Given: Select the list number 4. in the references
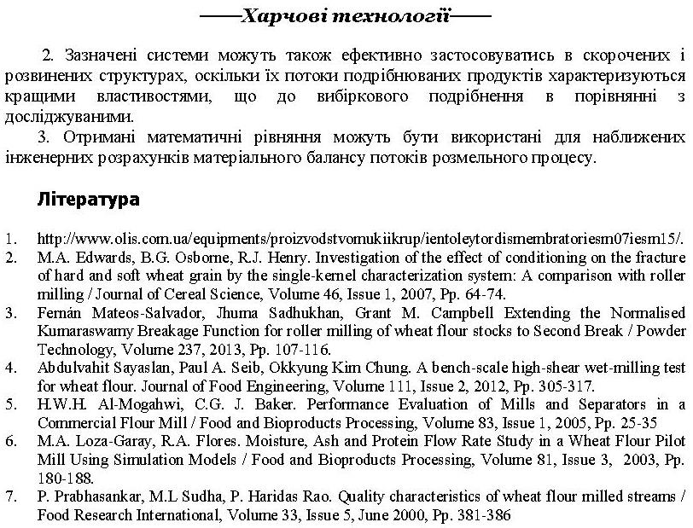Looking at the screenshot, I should [11, 368].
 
